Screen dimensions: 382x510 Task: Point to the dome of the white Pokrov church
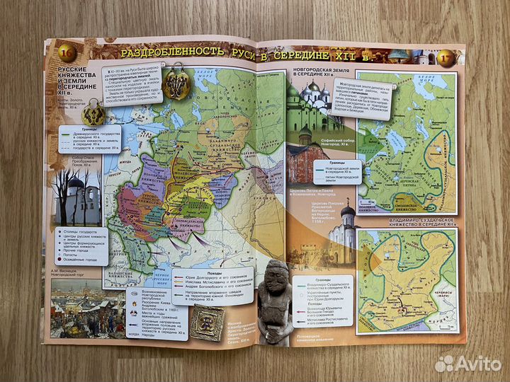348,210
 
